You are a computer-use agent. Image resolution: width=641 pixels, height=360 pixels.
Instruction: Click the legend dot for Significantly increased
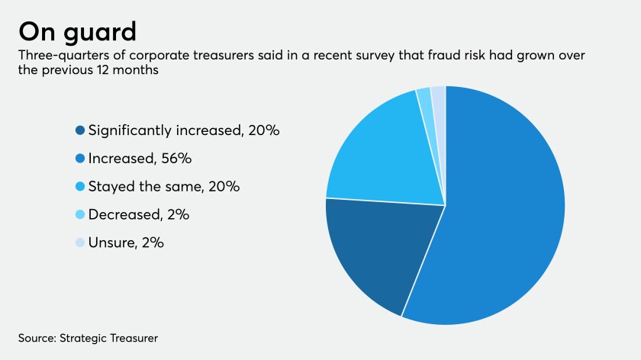click(x=80, y=130)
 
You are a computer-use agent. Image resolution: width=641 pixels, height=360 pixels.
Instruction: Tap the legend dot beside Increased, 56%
click(x=80, y=159)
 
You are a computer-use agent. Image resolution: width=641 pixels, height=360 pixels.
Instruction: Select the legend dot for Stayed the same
click(x=80, y=187)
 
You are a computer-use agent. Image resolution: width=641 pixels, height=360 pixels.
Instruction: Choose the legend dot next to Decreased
click(x=80, y=215)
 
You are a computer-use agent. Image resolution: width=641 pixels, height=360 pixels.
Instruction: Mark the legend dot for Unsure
click(x=80, y=243)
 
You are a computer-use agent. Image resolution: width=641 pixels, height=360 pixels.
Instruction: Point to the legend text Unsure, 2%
click(x=126, y=243)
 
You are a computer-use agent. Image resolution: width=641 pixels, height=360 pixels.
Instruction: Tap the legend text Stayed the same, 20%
click(x=163, y=187)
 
